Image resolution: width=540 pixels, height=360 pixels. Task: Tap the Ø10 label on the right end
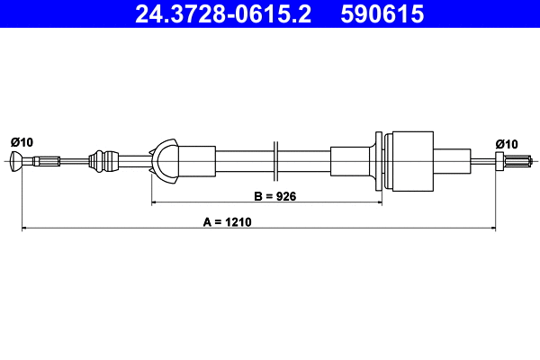coord(507,143)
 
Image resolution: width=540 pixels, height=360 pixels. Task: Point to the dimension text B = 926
coord(274,193)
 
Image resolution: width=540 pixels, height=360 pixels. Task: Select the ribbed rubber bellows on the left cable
coord(107,161)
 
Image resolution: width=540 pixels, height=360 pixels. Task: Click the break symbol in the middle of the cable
coord(276,162)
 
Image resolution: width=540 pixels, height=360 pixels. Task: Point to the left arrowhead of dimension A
coord(25,229)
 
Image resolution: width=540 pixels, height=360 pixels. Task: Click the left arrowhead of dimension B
coord(155,203)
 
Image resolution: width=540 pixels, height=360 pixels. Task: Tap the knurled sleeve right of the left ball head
coord(44,162)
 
